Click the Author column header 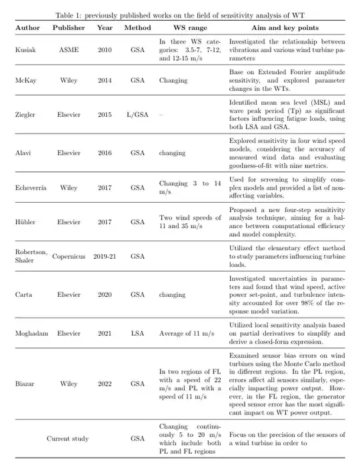coord(28,28)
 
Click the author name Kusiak coord(25,50)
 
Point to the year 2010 coord(104,50)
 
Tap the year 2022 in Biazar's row coord(104,384)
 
